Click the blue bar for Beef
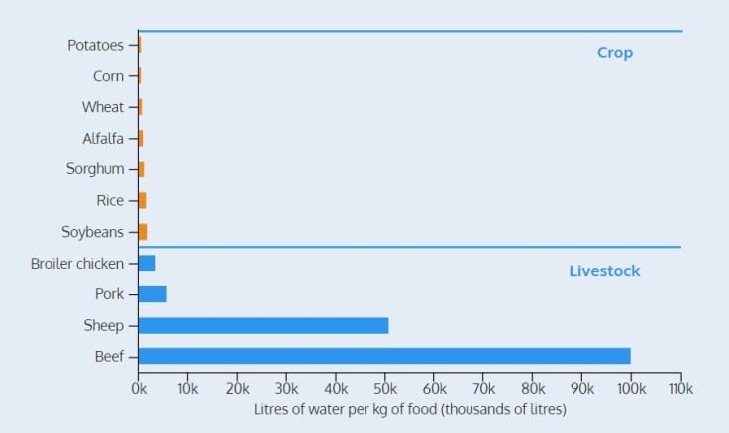(384, 356)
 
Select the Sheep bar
(263, 325)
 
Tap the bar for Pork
(153, 294)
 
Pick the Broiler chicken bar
(147, 264)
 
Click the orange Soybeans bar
(143, 232)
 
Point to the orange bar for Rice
(142, 200)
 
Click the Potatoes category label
(95, 45)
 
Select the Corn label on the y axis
(108, 76)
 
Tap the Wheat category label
(103, 107)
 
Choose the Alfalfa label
(103, 139)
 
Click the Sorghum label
(95, 169)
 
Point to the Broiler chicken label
(77, 264)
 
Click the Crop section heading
(614, 54)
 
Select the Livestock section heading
(604, 271)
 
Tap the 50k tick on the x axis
(384, 388)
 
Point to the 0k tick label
(139, 388)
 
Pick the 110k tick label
(679, 388)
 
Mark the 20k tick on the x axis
(237, 388)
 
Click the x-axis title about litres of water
(409, 409)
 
